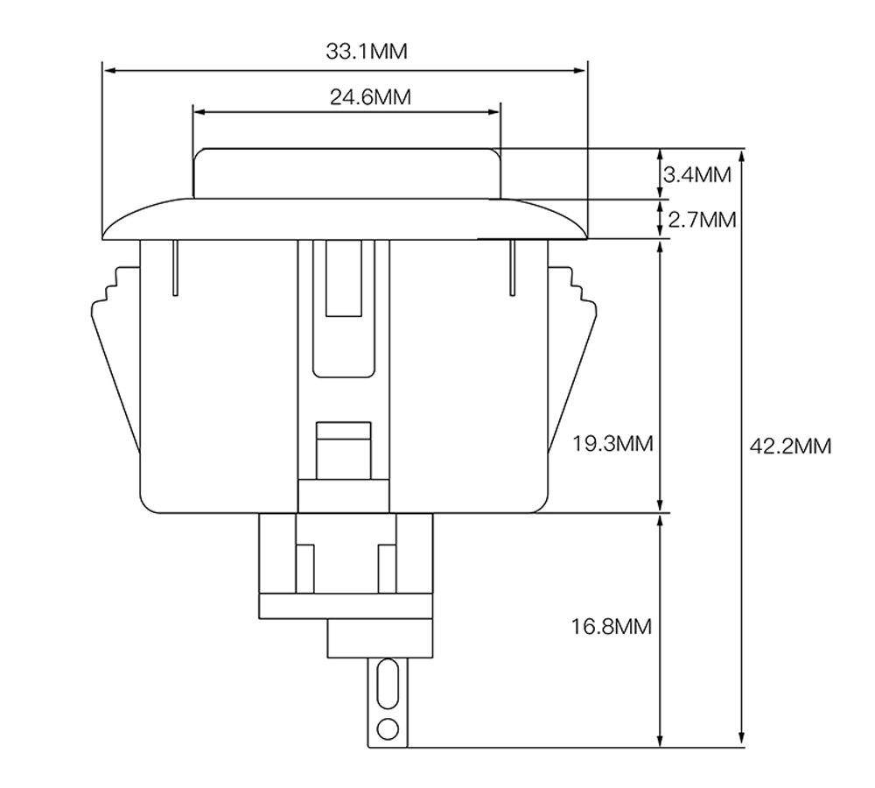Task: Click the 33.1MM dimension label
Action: [x=367, y=51]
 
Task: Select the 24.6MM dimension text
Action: [x=370, y=97]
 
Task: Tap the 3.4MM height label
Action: [x=696, y=174]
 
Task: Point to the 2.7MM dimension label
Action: [x=701, y=219]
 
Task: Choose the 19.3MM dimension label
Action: [x=612, y=444]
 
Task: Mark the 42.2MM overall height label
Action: [x=790, y=446]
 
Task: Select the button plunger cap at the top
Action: [x=346, y=172]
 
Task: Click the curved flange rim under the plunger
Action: [x=346, y=219]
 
